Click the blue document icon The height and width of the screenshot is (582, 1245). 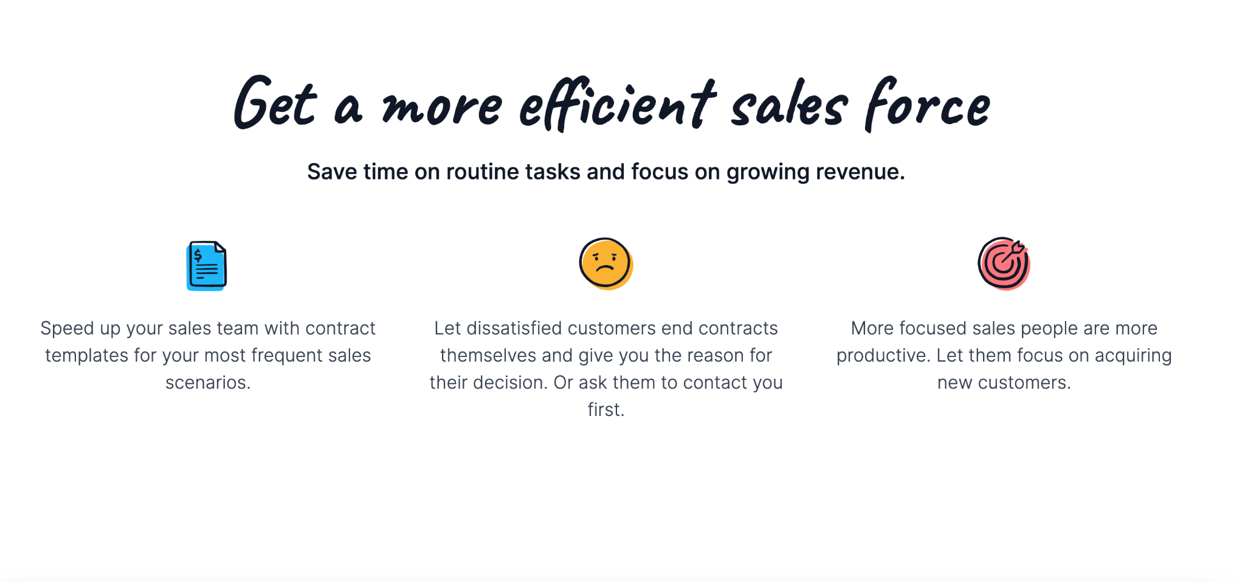coord(207,266)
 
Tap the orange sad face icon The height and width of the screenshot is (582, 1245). coord(606,263)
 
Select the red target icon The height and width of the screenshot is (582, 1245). coord(1004,263)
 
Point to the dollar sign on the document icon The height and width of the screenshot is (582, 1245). coord(198,255)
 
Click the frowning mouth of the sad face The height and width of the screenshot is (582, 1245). coord(605,268)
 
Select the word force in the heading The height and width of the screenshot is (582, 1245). coord(928,105)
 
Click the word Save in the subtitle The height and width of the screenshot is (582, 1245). coord(333,171)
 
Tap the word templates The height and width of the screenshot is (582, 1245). coord(86,356)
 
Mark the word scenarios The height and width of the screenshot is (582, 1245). coord(208,383)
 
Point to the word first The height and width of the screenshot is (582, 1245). coord(606,410)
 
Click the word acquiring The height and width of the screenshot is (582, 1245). coord(1133,356)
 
